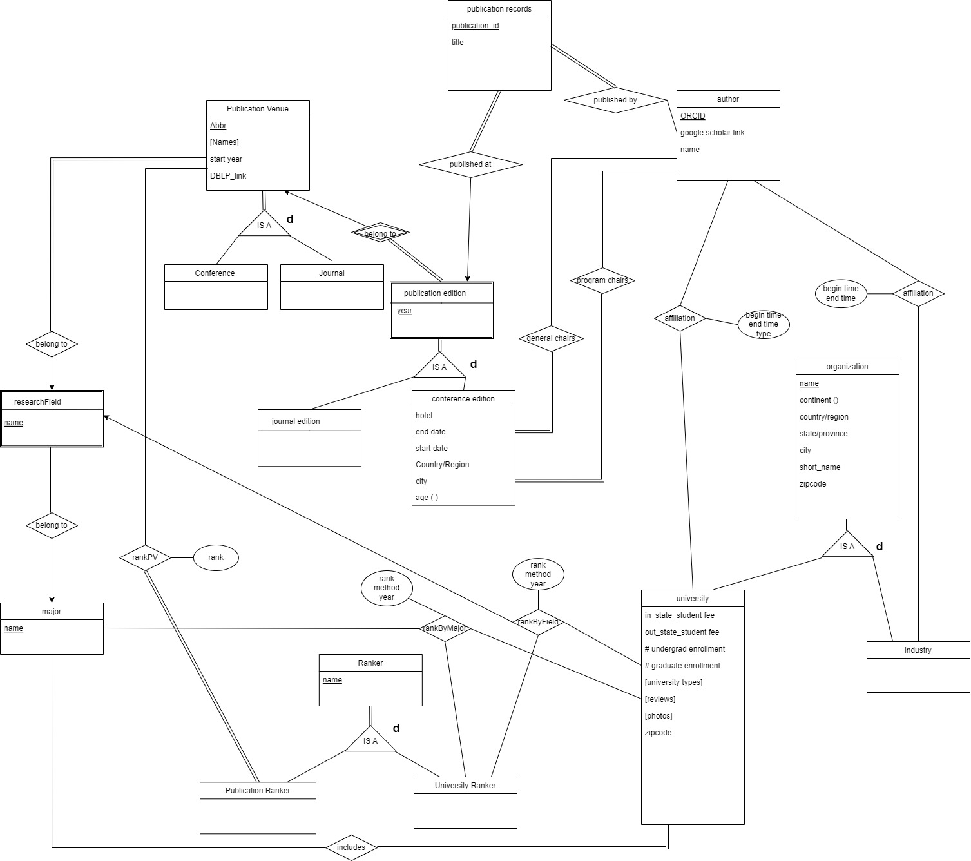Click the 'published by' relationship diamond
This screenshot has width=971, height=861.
point(615,100)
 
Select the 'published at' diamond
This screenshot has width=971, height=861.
point(470,164)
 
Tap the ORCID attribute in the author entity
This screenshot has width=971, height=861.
point(693,116)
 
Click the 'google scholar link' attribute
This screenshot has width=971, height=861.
point(712,133)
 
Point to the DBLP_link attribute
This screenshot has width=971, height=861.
point(228,176)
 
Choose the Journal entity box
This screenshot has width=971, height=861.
point(332,286)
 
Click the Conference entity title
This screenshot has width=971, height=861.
point(215,273)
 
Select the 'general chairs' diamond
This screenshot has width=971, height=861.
point(551,338)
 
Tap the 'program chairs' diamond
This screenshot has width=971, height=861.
point(602,280)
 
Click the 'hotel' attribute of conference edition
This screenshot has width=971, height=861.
point(424,416)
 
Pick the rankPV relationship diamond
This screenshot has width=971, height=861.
point(145,557)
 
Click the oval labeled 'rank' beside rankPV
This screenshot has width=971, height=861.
point(216,557)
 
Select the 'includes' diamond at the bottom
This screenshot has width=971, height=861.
point(351,847)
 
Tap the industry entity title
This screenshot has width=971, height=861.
point(918,650)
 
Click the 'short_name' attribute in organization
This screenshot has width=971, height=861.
point(820,467)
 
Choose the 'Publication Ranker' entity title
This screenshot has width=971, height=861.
point(258,791)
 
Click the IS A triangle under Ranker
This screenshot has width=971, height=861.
point(370,741)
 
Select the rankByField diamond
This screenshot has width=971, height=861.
point(538,622)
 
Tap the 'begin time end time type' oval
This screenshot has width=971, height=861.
point(764,324)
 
